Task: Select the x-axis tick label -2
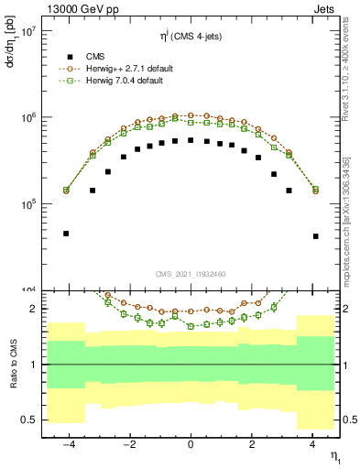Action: pyautogui.click(x=127, y=444)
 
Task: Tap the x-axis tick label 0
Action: pyautogui.click(x=191, y=444)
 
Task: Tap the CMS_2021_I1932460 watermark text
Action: pyautogui.click(x=190, y=274)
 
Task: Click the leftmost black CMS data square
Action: pyautogui.click(x=66, y=234)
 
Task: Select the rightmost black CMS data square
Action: pyautogui.click(x=315, y=236)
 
